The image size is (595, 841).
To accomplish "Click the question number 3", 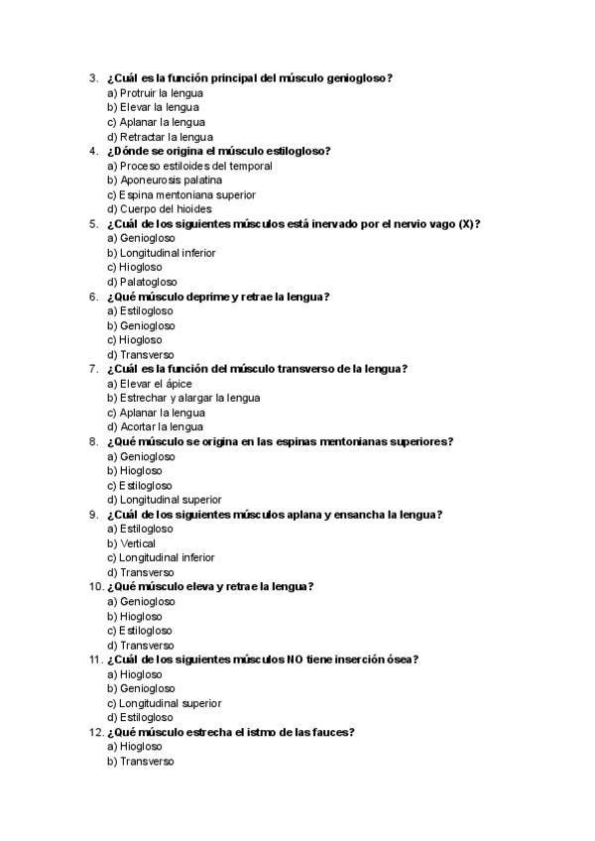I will pyautogui.click(x=92, y=78).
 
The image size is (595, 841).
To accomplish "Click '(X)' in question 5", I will pyautogui.click(x=465, y=224).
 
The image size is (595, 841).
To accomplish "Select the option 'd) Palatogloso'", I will pyautogui.click(x=142, y=282).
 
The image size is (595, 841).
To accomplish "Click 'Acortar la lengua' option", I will pyautogui.click(x=162, y=426).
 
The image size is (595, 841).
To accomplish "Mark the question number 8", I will pyautogui.click(x=92, y=441).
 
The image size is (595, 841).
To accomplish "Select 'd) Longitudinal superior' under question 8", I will pyautogui.click(x=164, y=500).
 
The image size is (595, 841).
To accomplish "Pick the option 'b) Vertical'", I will pyautogui.click(x=131, y=543).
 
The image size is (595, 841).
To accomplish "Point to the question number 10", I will pyautogui.click(x=95, y=587).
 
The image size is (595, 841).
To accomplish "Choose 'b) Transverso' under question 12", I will pyautogui.click(x=140, y=761).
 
